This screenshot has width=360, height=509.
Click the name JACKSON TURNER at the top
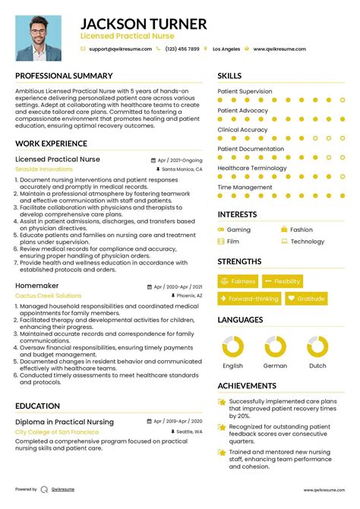[x=143, y=24]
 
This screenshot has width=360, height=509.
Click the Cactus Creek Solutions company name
[x=48, y=295]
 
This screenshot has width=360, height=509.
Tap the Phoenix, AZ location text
[x=189, y=295]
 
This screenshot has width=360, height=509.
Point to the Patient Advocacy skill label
[x=242, y=110]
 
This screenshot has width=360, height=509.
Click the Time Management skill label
[x=245, y=187]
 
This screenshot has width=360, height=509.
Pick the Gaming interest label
[x=238, y=229]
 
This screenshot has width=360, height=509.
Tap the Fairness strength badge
[x=238, y=281]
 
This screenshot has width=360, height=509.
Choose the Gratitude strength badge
[x=306, y=299]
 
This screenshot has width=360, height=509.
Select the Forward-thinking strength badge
[x=248, y=299]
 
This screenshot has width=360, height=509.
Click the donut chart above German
[x=275, y=347]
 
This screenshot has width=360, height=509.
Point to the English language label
[x=232, y=366]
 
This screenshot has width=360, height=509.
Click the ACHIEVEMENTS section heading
[x=247, y=386]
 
